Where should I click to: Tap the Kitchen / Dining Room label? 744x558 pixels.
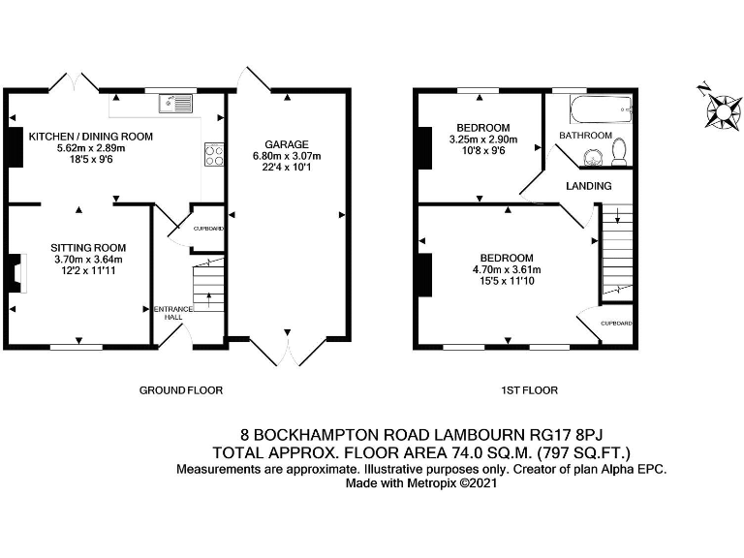(x=91, y=137)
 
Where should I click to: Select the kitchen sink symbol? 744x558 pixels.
(x=178, y=102)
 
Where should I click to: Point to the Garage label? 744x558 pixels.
(x=286, y=144)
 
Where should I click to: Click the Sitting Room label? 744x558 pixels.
(x=90, y=248)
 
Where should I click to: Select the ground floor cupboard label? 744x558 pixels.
(x=208, y=229)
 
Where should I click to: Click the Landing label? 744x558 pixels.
(x=589, y=186)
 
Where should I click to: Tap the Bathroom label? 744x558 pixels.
(x=589, y=136)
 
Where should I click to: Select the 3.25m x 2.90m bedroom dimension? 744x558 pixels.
(x=482, y=139)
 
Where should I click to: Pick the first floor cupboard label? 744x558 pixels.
(x=616, y=323)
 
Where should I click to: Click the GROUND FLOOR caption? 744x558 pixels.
(x=181, y=390)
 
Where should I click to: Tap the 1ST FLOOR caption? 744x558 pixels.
(x=529, y=390)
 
